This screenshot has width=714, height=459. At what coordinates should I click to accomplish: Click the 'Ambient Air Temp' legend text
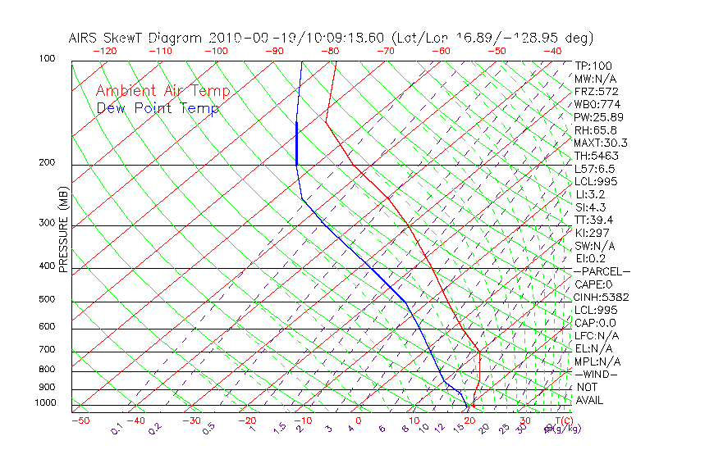pos(162,91)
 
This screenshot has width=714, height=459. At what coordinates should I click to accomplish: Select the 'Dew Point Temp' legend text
pos(158,108)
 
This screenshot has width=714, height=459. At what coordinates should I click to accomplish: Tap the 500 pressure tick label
pos(47,299)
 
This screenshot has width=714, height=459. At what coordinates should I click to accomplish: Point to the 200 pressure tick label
pos(47,162)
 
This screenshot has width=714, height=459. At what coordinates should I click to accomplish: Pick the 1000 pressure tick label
pos(45,402)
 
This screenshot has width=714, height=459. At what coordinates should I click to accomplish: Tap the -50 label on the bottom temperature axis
pos(80,420)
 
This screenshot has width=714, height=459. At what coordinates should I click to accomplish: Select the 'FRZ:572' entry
pos(596,92)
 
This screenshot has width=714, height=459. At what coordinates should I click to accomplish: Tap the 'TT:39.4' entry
pos(593,220)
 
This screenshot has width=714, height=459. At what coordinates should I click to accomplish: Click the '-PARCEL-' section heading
pos(602,271)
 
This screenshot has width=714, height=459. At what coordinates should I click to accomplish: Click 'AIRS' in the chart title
pos(86,38)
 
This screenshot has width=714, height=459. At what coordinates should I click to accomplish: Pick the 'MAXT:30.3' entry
pos(600,143)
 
